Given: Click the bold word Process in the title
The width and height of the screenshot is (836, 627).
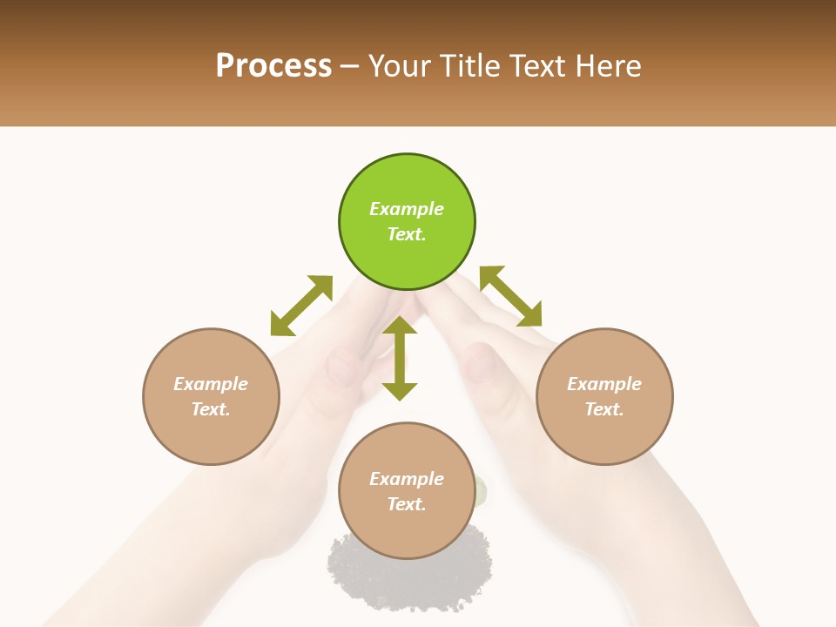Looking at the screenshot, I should pyautogui.click(x=273, y=66).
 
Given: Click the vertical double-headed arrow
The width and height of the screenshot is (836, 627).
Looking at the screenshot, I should pyautogui.click(x=400, y=358).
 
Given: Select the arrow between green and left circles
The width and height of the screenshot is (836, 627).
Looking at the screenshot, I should pyautogui.click(x=301, y=306).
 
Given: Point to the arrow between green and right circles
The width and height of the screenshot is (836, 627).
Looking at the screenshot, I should pyautogui.click(x=511, y=296).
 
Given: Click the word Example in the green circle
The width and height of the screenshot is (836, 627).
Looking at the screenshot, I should pyautogui.click(x=407, y=209).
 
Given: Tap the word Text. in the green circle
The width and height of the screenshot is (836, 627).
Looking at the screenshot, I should pyautogui.click(x=407, y=234).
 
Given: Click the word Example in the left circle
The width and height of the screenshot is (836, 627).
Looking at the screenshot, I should pyautogui.click(x=211, y=384).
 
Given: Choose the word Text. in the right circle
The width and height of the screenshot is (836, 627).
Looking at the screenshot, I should pyautogui.click(x=604, y=409).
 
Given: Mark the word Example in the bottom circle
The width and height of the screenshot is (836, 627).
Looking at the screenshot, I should pyautogui.click(x=407, y=479).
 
